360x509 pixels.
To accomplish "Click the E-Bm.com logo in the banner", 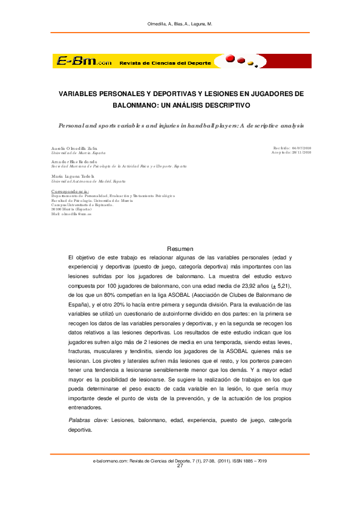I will coord(84,62).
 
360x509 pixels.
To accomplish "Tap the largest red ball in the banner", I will coord(232,59).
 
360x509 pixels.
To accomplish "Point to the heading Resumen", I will coord(180,248).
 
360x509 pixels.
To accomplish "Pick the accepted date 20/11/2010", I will coord(300,152).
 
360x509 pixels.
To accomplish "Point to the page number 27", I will coord(180,466).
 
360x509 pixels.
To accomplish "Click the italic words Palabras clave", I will coord(88,420).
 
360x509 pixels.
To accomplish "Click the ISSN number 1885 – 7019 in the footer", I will coord(254,461).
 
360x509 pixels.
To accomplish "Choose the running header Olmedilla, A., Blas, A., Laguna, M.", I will coord(180,24).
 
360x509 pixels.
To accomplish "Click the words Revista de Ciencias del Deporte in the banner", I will coord(165,63).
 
